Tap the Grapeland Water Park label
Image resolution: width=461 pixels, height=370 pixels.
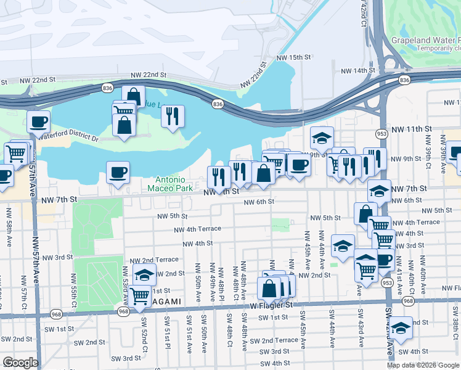click(425, 41)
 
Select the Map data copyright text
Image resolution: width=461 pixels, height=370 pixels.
click(423, 365)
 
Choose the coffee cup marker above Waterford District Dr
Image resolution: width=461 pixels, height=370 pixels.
click(38, 121)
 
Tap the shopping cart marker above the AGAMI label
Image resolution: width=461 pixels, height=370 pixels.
click(141, 296)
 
